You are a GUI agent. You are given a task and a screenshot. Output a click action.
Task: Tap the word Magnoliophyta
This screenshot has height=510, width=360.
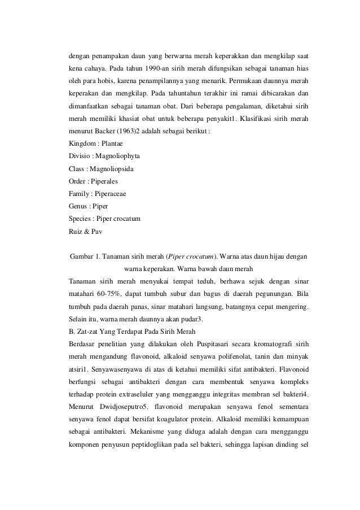tap(118, 156)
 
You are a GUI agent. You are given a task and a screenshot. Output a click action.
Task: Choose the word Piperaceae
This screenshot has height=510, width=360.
tap(109, 194)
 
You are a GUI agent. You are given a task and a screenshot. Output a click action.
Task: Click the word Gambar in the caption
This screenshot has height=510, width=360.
tap(81, 257)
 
